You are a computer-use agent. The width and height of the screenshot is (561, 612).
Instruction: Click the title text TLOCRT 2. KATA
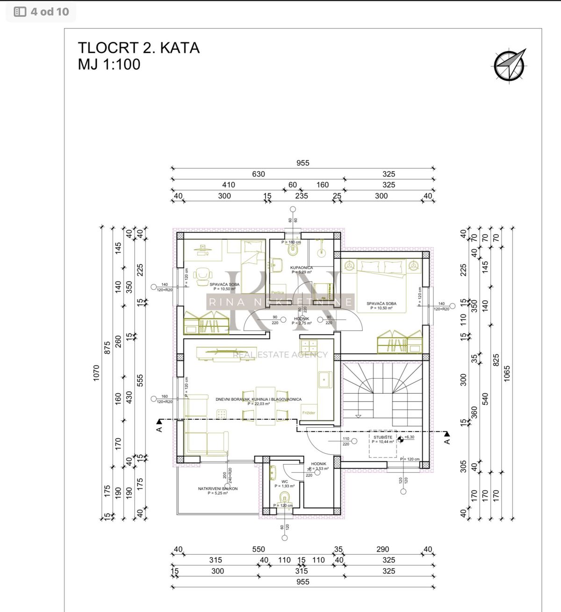point(138,48)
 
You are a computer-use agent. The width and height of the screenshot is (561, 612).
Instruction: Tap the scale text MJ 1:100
point(109,64)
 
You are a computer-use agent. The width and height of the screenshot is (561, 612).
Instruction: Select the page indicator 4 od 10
point(42,12)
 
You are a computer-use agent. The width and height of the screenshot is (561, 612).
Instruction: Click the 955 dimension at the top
point(302,163)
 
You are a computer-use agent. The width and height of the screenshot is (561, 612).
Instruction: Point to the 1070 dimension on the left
point(97,373)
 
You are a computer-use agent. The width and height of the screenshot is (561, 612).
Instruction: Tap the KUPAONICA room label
point(302,268)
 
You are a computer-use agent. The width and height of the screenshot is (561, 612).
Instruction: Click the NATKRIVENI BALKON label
point(217,489)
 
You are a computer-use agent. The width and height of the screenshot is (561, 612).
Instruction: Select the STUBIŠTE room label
point(383,437)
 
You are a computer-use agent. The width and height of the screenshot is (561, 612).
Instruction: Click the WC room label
point(285,481)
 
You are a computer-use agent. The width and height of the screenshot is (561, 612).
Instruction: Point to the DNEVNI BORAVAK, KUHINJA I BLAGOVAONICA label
point(258,400)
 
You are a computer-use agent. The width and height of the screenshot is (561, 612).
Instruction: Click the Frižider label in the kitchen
point(309,413)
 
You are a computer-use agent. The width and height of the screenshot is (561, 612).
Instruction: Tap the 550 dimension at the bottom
point(258,549)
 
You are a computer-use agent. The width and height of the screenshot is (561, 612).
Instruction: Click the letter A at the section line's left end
point(159,428)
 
